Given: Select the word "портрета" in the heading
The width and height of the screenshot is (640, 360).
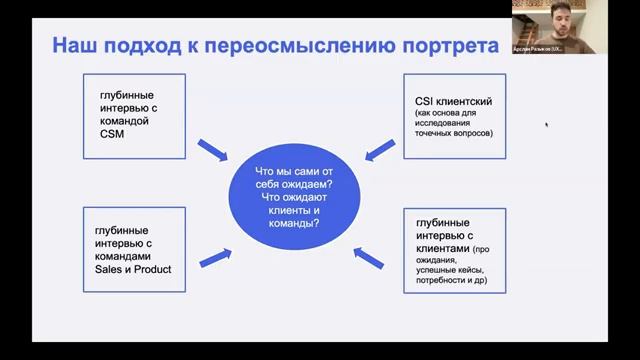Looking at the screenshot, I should pos(450,46).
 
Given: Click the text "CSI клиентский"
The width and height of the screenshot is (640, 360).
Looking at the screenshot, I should pos(452,102).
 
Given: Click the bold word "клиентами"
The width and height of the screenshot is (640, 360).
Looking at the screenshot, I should pos(440,247).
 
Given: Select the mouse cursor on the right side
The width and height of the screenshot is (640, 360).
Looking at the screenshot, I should pos(546,125).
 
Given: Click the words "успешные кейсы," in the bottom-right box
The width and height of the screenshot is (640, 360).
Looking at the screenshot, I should pos(449,270).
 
